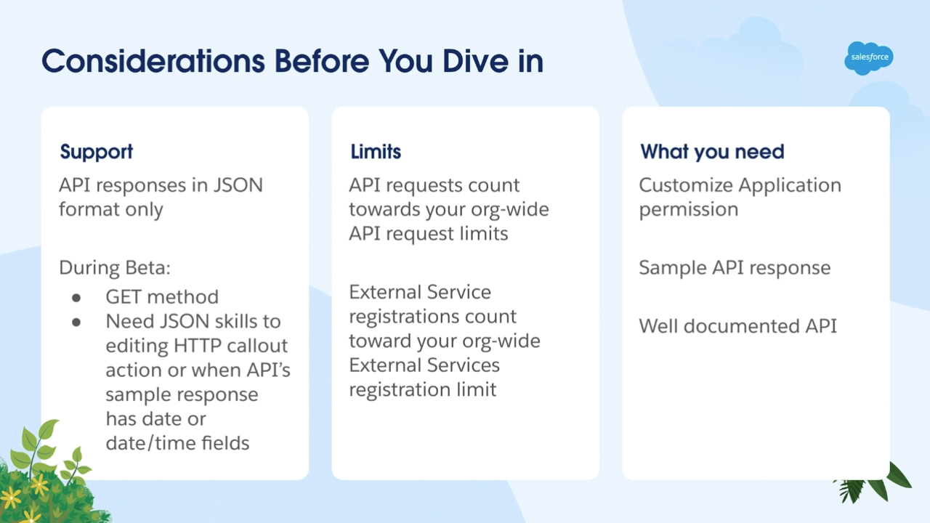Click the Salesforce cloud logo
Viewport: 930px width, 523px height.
tap(868, 58)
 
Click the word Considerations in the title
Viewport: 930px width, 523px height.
tap(153, 61)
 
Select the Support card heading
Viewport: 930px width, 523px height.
tap(97, 153)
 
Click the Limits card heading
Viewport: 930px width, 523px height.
tap(376, 152)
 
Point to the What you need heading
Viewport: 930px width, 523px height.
tap(712, 152)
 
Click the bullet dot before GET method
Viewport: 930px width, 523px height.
tap(76, 298)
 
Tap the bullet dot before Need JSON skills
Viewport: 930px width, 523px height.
tap(76, 322)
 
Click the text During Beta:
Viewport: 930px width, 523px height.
tap(115, 268)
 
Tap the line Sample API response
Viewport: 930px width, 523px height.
tap(735, 268)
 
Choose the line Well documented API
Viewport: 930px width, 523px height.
tap(737, 326)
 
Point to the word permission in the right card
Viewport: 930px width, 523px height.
tap(688, 210)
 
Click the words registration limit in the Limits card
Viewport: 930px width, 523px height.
tap(422, 390)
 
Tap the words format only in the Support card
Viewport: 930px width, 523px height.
tap(111, 210)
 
